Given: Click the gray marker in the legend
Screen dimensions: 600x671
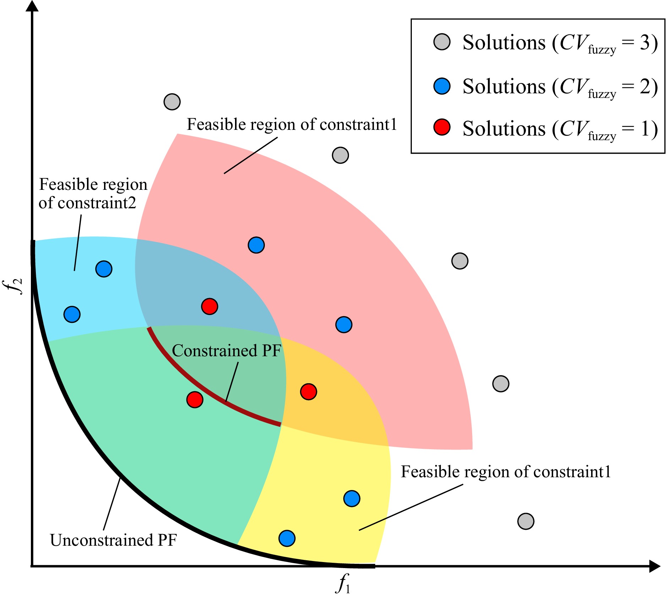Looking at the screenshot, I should tap(442, 42).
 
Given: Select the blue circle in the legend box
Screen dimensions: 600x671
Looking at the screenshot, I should tap(442, 86).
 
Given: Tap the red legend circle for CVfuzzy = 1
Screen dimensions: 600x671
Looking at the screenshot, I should tap(442, 127).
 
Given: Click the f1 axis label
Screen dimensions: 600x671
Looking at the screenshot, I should tap(343, 583).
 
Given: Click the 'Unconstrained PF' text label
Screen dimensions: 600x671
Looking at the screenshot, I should tap(113, 540).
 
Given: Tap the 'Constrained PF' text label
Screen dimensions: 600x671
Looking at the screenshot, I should tap(226, 351).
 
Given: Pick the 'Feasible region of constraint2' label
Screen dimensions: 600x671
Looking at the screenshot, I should tap(92, 194).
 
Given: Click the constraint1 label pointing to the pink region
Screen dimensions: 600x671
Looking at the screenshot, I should tap(291, 125).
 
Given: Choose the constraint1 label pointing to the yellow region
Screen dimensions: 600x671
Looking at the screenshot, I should tap(506, 472).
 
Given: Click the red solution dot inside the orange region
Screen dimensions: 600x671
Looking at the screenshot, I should tap(308, 392).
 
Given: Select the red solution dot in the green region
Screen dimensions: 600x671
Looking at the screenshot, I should tap(195, 400).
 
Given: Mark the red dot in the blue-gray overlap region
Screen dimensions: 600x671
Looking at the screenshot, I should tap(209, 306).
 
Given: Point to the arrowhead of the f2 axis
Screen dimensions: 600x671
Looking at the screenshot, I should tap(32, 6).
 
